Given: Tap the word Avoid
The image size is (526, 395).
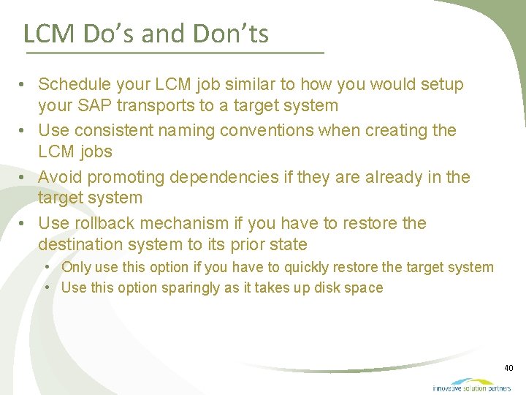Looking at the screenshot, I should tap(59, 177).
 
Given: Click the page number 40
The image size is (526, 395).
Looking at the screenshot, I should tap(508, 367).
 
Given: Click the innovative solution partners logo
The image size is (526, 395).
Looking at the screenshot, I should tap(471, 385).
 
